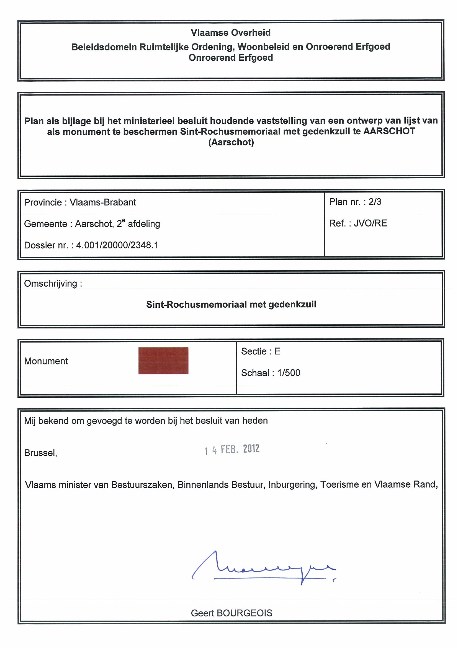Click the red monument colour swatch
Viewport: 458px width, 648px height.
(163, 360)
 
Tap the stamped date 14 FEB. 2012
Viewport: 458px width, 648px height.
(232, 449)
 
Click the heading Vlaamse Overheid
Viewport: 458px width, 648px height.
(231, 33)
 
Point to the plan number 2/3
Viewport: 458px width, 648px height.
(375, 202)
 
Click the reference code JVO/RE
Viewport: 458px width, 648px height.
(370, 223)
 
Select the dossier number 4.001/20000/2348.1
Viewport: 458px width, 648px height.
(117, 245)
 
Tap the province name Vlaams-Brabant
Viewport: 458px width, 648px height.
(103, 202)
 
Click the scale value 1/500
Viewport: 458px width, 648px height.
(289, 373)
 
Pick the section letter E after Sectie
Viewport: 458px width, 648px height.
(277, 351)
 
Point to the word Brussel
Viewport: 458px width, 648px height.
(40, 453)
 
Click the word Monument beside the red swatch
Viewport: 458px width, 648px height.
(46, 361)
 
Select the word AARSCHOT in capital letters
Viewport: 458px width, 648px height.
(389, 131)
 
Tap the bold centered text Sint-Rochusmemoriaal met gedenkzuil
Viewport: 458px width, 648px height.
(231, 304)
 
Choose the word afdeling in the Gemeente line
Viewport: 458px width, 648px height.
(144, 224)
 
